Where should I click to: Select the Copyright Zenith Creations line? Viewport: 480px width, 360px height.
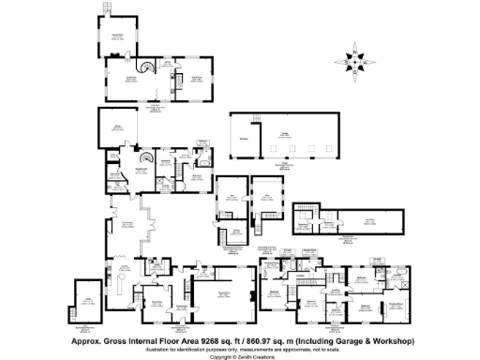coord(240,357)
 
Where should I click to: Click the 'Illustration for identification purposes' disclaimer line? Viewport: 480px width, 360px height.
coord(240,350)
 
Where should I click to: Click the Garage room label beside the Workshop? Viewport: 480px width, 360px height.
coord(284,134)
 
